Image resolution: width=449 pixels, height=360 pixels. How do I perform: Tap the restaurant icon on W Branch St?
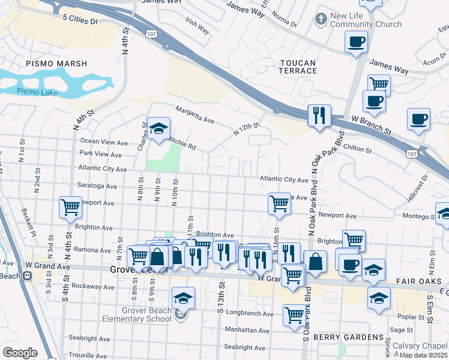[x=319, y=115]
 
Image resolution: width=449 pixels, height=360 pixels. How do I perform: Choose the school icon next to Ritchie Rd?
[x=159, y=128]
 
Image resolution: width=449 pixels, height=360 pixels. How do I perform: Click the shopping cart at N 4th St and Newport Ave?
[x=70, y=207]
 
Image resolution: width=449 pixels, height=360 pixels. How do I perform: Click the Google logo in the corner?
[x=20, y=352]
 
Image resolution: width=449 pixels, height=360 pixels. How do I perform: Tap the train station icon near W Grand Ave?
[x=27, y=276]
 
